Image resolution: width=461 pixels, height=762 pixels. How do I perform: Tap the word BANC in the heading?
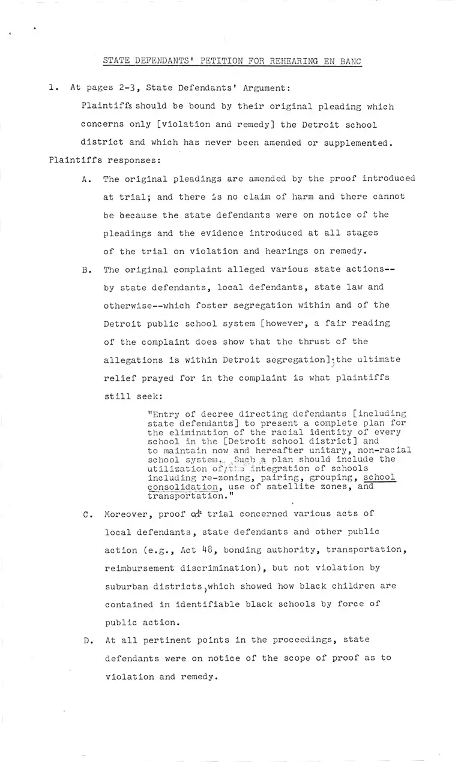click(x=349, y=61)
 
